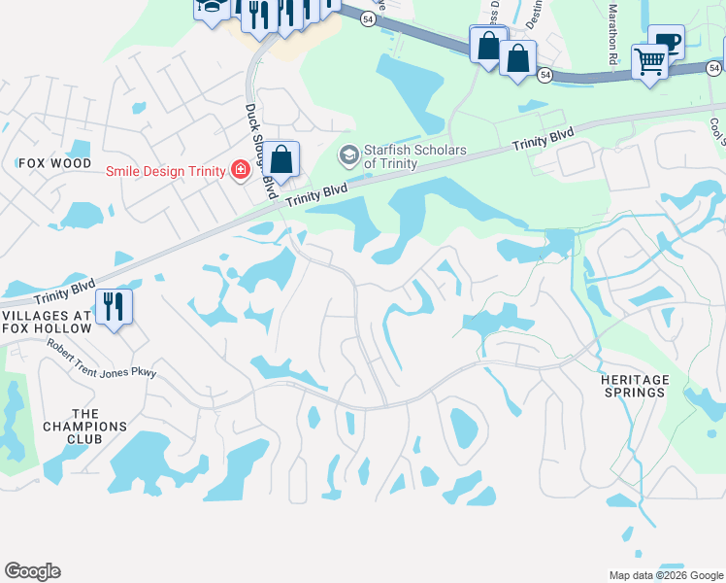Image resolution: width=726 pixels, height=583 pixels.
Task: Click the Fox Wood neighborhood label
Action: coord(54,163)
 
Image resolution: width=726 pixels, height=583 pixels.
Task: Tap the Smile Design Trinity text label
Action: coord(165,171)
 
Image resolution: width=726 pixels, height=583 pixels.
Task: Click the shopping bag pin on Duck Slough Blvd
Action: coord(281,159)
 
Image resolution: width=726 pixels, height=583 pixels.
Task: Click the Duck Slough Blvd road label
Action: coord(257,140)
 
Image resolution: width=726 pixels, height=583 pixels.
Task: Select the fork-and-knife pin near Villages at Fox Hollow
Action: coord(114,307)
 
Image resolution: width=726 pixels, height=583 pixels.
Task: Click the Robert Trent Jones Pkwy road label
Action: coord(101,360)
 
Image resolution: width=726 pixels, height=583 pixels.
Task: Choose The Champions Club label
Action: coord(85,426)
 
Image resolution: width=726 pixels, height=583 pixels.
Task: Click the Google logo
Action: coord(32,571)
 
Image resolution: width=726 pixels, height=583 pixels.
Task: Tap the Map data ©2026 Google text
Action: coord(665,575)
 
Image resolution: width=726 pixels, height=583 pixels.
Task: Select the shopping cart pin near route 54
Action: coord(649,61)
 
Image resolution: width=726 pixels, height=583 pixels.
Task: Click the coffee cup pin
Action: coord(666,41)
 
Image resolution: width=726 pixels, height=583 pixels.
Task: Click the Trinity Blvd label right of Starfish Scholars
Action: coord(543,139)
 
